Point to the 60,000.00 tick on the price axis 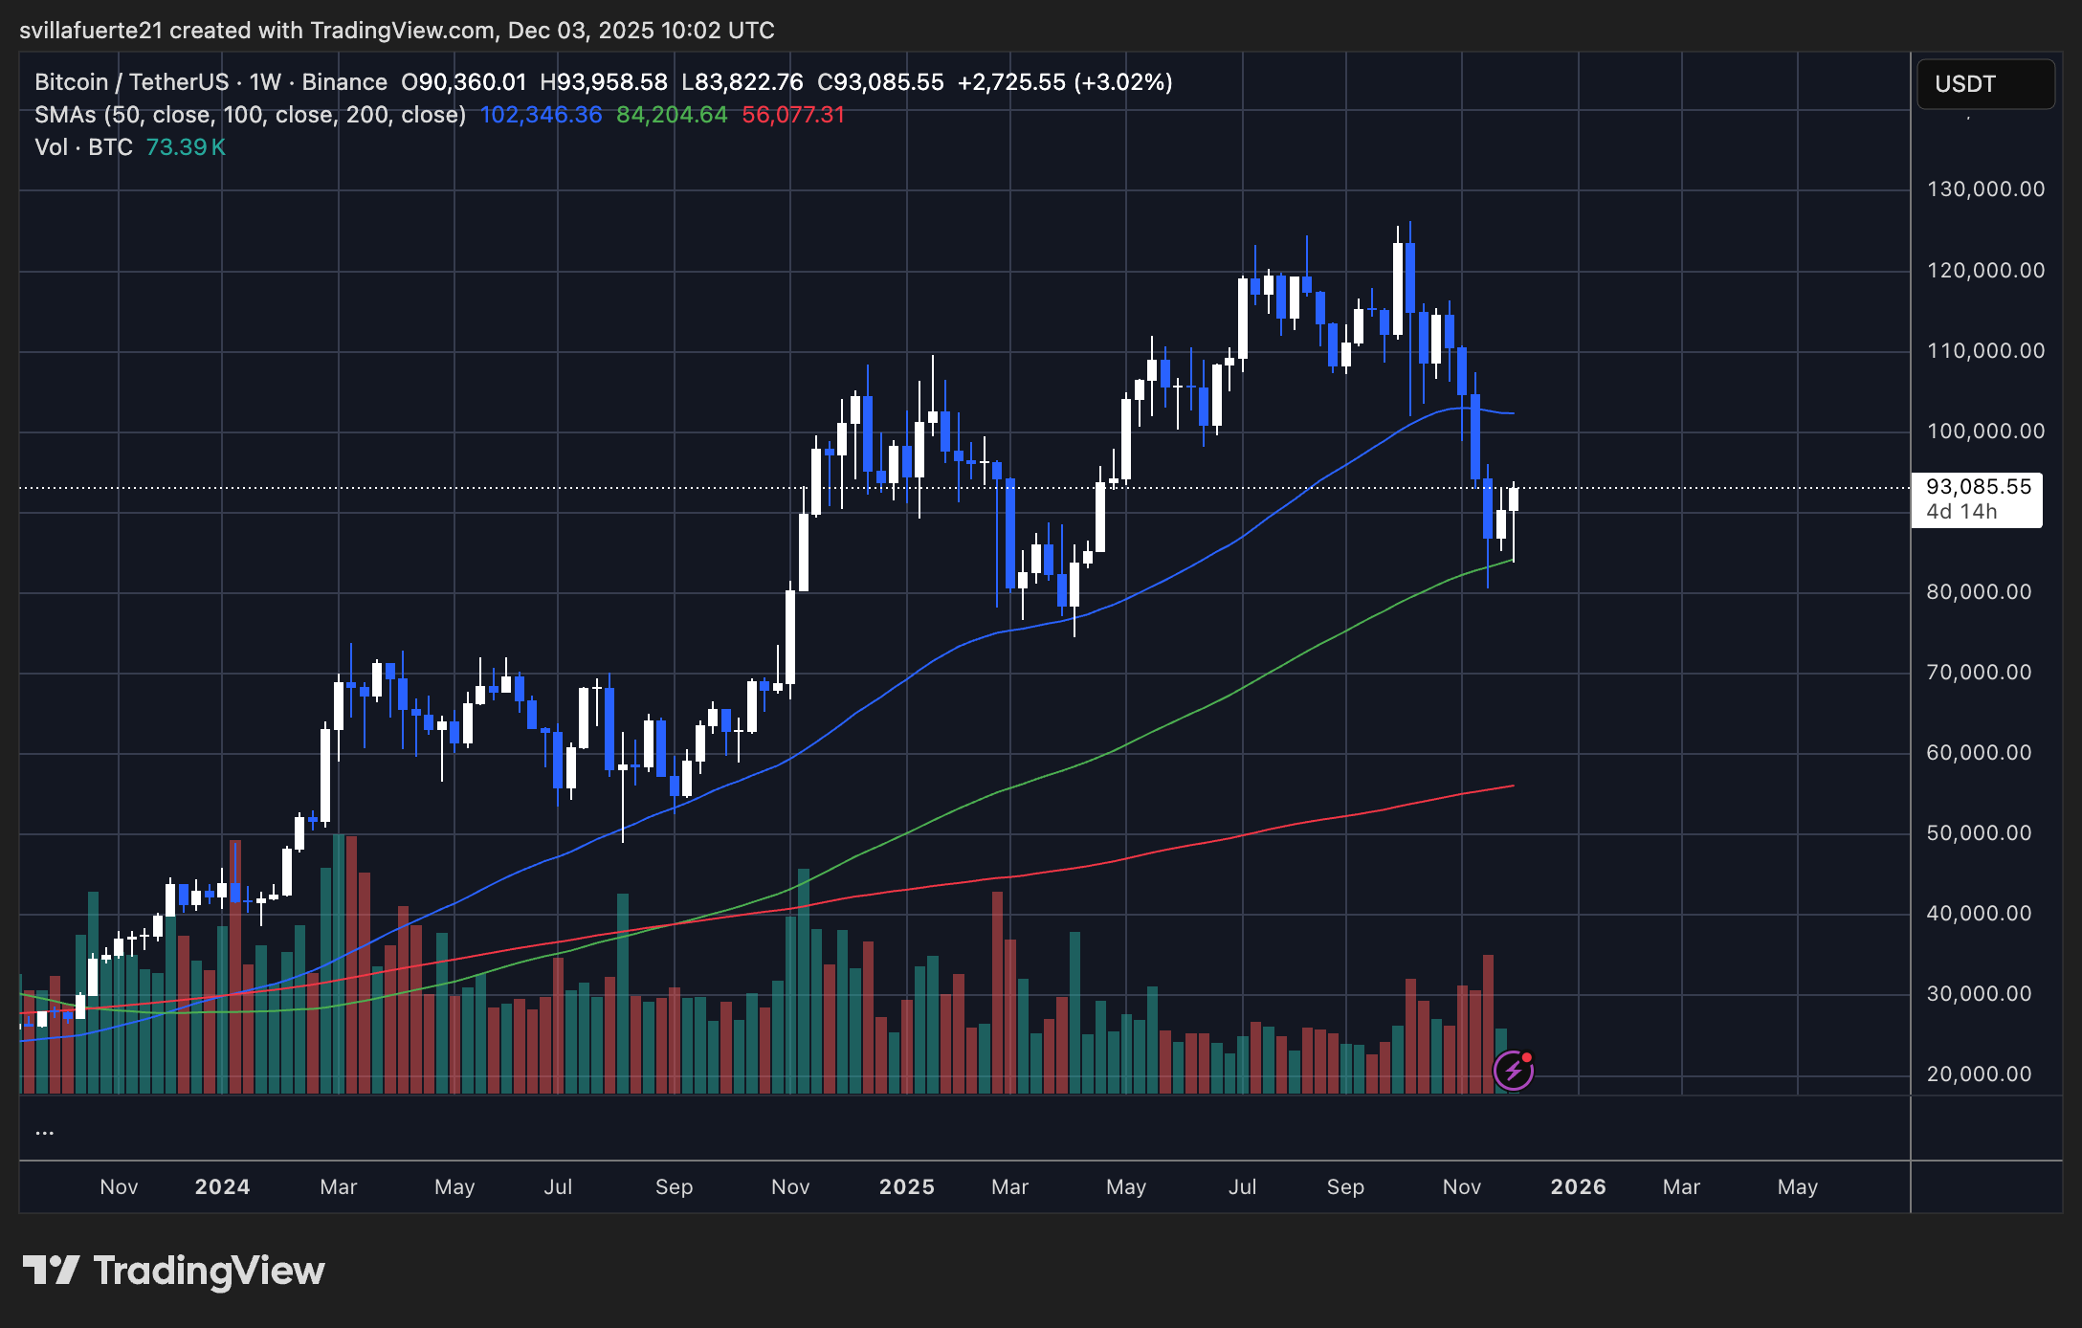1979,753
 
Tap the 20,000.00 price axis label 1979,1074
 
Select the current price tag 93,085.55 1978,487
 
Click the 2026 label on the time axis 1578,1187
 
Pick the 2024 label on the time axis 222,1187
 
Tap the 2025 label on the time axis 906,1187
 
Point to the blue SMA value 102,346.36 542,115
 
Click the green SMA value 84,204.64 672,115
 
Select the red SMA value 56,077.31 793,115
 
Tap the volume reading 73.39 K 186,147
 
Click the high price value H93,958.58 604,82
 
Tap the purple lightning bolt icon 1513,1071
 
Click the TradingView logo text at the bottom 209,1271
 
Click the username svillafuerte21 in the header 91,31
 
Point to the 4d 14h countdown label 1961,512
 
